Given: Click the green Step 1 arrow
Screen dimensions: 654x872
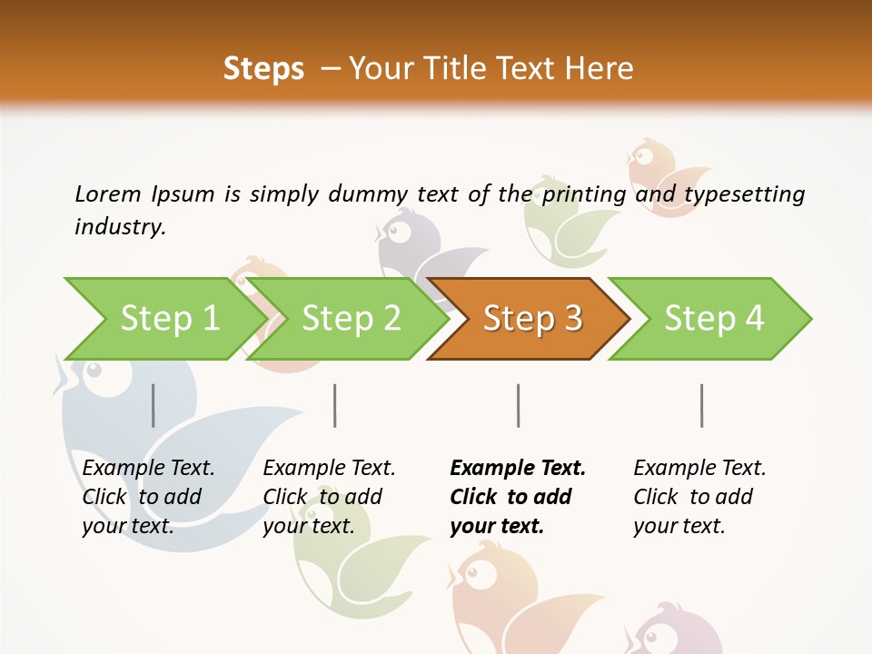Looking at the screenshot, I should click(x=169, y=319).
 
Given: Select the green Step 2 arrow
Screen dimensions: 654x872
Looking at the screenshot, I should click(x=351, y=319).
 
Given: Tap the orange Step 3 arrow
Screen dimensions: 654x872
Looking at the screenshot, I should click(x=531, y=319).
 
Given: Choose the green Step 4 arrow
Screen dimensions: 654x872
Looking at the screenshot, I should click(x=713, y=319).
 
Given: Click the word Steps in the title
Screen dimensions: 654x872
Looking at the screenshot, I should click(x=263, y=69).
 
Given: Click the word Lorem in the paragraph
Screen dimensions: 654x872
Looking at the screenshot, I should click(x=108, y=193).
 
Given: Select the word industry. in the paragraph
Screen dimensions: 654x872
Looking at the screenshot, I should click(x=120, y=226).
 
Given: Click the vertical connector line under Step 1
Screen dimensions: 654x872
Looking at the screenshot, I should click(x=154, y=405).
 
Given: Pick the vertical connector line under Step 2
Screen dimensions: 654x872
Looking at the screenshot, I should click(x=335, y=405).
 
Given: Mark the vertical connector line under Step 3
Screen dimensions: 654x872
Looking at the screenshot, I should click(x=519, y=405).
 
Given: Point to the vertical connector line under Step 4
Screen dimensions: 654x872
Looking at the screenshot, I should click(x=702, y=405).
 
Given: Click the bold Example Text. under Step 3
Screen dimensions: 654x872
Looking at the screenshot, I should click(x=518, y=468).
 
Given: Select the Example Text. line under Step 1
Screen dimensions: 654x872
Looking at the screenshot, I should click(x=148, y=468).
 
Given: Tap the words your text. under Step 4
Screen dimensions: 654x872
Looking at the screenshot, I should click(x=679, y=526).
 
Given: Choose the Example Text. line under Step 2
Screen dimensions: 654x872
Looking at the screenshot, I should click(x=329, y=468).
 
